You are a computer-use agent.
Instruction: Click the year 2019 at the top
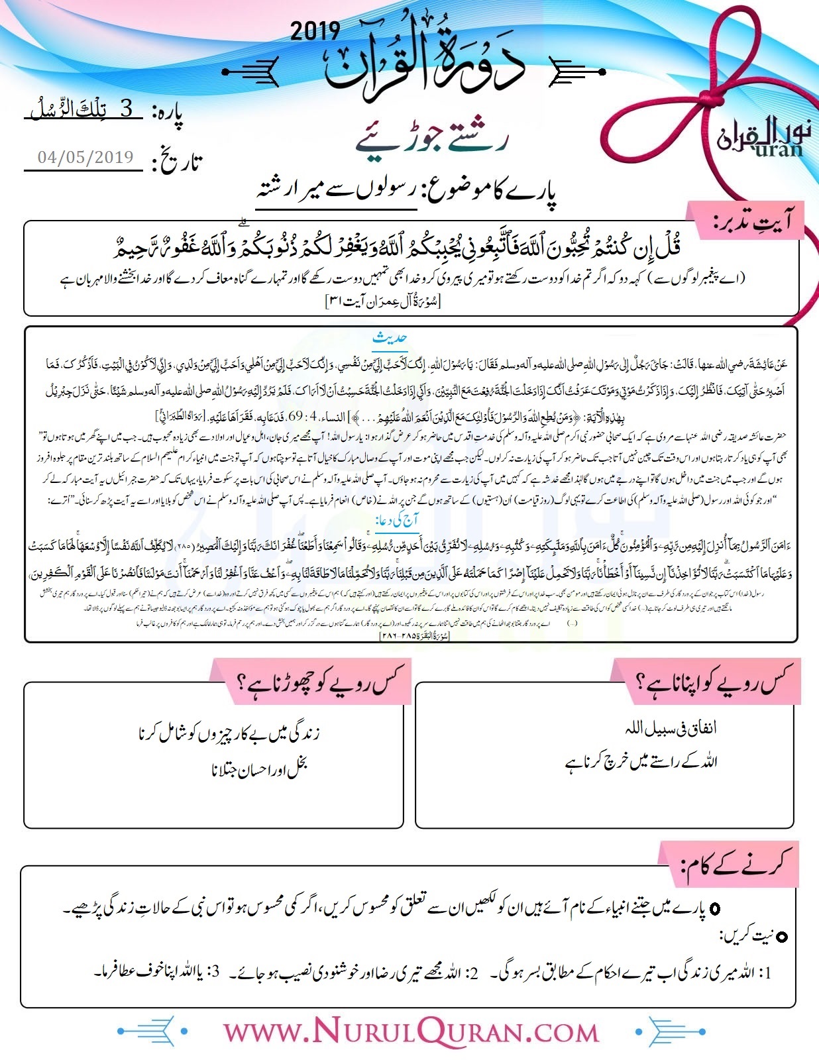point(315,30)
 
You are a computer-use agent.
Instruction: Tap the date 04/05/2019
point(85,157)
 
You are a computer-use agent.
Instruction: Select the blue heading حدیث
point(390,338)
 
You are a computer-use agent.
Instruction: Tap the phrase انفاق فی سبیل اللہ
point(671,728)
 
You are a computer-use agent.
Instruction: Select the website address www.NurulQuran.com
point(411,1032)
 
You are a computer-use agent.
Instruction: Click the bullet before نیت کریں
point(782,937)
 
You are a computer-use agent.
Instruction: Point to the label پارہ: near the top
point(167,113)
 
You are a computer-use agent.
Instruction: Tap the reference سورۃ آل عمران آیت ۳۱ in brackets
point(382,301)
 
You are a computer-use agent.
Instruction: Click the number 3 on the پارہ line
point(127,109)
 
